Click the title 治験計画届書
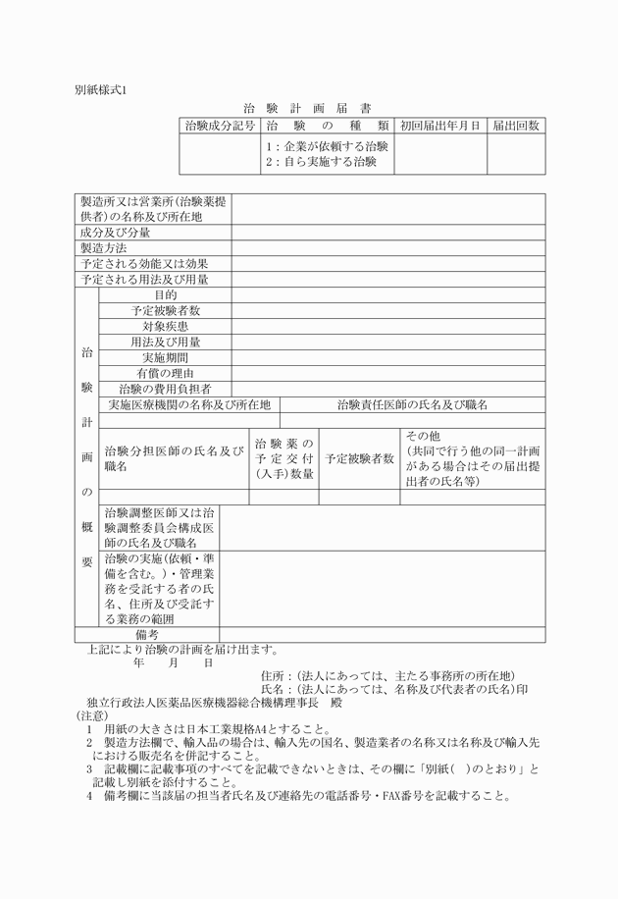(307, 109)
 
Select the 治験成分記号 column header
(220, 126)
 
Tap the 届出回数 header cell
(515, 126)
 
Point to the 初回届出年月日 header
(440, 126)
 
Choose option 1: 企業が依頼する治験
(327, 146)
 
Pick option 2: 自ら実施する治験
(321, 161)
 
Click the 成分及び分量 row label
(116, 233)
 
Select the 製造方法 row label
(104, 248)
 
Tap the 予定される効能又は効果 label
(144, 264)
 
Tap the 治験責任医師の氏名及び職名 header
(412, 404)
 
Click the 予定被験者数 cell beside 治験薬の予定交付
(360, 458)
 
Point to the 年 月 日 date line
(173, 662)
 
